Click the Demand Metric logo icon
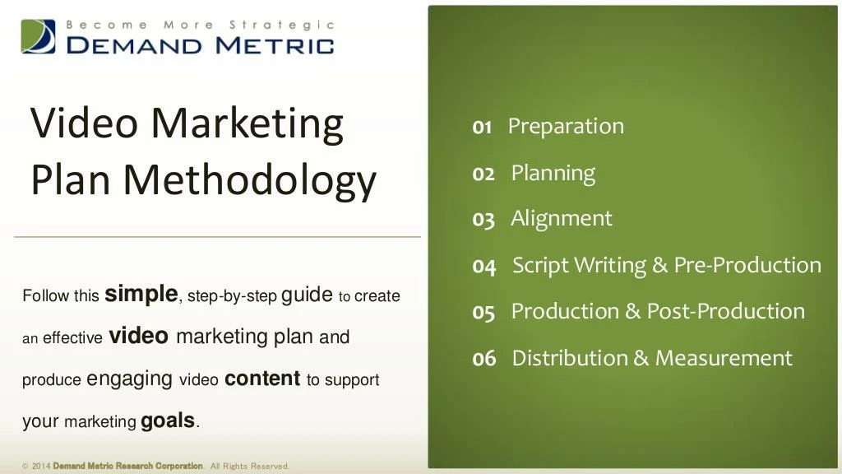[38, 36]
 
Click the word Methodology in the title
[250, 180]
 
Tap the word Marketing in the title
[247, 124]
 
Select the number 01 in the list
[482, 128]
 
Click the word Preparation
[566, 127]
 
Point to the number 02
[483, 174]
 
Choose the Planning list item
[553, 174]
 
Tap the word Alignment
[561, 219]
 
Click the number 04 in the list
[483, 267]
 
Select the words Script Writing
[579, 266]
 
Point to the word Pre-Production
[747, 265]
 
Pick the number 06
[483, 359]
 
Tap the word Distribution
[570, 358]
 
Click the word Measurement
[724, 358]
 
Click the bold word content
[262, 379]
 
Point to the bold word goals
[168, 421]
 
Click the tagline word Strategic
[282, 26]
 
